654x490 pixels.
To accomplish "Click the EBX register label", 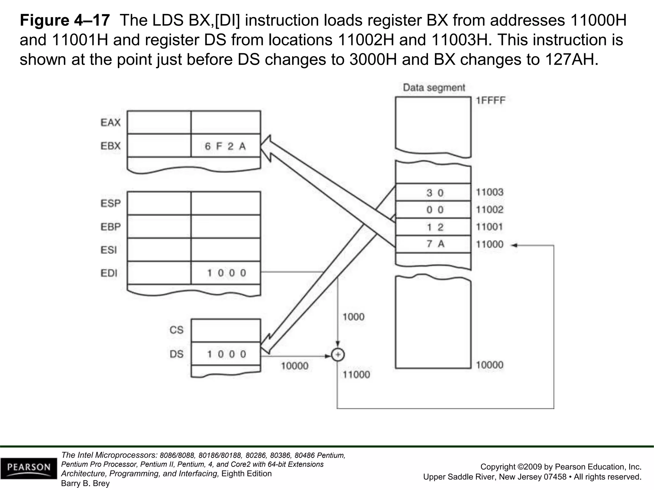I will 110,146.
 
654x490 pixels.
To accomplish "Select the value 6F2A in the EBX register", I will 225,146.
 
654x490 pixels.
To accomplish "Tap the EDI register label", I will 109,273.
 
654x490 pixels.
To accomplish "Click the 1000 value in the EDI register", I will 226,273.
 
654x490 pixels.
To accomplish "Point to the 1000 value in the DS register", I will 226,354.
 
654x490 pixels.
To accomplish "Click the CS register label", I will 176,330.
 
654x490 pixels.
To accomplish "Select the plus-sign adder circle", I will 338,355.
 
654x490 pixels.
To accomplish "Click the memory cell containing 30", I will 433,193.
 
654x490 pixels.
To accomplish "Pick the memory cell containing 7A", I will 433,244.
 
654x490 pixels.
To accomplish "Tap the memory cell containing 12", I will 433,227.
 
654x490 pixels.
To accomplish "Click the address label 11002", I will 489,210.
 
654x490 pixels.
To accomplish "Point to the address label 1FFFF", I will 490,101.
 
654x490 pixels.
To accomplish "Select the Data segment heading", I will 434,87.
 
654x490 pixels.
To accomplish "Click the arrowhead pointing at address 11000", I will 514,245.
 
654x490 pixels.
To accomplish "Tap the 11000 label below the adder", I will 356,375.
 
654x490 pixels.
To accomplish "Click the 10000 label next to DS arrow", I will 294,366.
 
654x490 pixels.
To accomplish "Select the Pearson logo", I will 29,468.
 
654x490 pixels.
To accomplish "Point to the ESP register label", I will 110,203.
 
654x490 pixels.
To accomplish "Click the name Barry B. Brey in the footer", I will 85,483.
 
